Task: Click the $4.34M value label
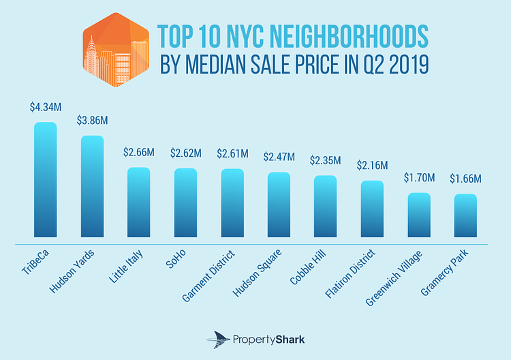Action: click(45, 107)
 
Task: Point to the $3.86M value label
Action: click(92, 121)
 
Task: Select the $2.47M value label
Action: click(279, 157)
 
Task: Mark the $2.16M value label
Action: click(372, 166)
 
